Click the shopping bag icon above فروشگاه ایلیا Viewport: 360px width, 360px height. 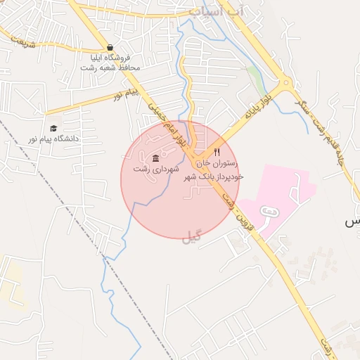[x=110, y=47]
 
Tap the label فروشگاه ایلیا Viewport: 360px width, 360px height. [x=110, y=57]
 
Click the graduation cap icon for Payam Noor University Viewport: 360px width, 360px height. [x=54, y=128]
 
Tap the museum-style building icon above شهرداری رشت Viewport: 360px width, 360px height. [x=155, y=157]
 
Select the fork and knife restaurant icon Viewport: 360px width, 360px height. [x=217, y=151]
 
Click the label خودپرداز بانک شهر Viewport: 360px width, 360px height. [x=214, y=176]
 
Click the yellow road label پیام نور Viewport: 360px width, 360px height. [x=128, y=93]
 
